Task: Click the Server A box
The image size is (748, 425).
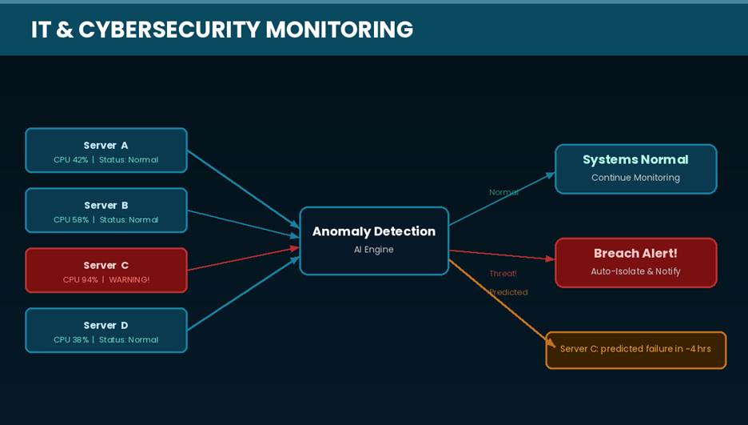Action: pyautogui.click(x=105, y=150)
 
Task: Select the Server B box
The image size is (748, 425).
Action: pyautogui.click(x=105, y=210)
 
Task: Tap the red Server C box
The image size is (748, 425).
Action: pyautogui.click(x=105, y=271)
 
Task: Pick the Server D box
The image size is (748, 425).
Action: pyautogui.click(x=105, y=331)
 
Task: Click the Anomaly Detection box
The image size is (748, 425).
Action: pyautogui.click(x=374, y=240)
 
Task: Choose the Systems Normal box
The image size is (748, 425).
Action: pyautogui.click(x=635, y=169)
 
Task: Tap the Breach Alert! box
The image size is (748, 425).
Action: pyautogui.click(x=635, y=263)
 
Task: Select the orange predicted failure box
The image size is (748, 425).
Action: pyautogui.click(x=635, y=350)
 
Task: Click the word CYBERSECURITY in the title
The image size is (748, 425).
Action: pyautogui.click(x=169, y=30)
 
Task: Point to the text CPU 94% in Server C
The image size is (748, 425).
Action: pyautogui.click(x=80, y=280)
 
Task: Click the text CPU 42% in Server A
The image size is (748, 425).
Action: pyautogui.click(x=71, y=160)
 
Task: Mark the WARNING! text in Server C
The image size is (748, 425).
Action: pyautogui.click(x=129, y=280)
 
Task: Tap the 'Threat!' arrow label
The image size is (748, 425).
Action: pyautogui.click(x=503, y=274)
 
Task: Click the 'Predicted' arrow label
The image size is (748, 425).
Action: pyautogui.click(x=508, y=292)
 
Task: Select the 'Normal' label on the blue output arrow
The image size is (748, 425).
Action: pyautogui.click(x=503, y=192)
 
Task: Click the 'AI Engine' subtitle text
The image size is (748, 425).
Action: pyautogui.click(x=373, y=250)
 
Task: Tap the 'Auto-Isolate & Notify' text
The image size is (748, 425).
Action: pyautogui.click(x=635, y=271)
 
